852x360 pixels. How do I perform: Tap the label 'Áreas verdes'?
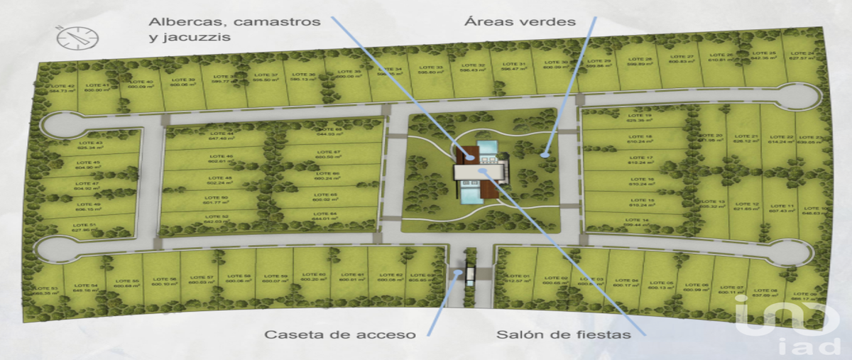point(520,21)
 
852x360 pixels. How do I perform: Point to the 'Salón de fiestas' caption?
point(563,334)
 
